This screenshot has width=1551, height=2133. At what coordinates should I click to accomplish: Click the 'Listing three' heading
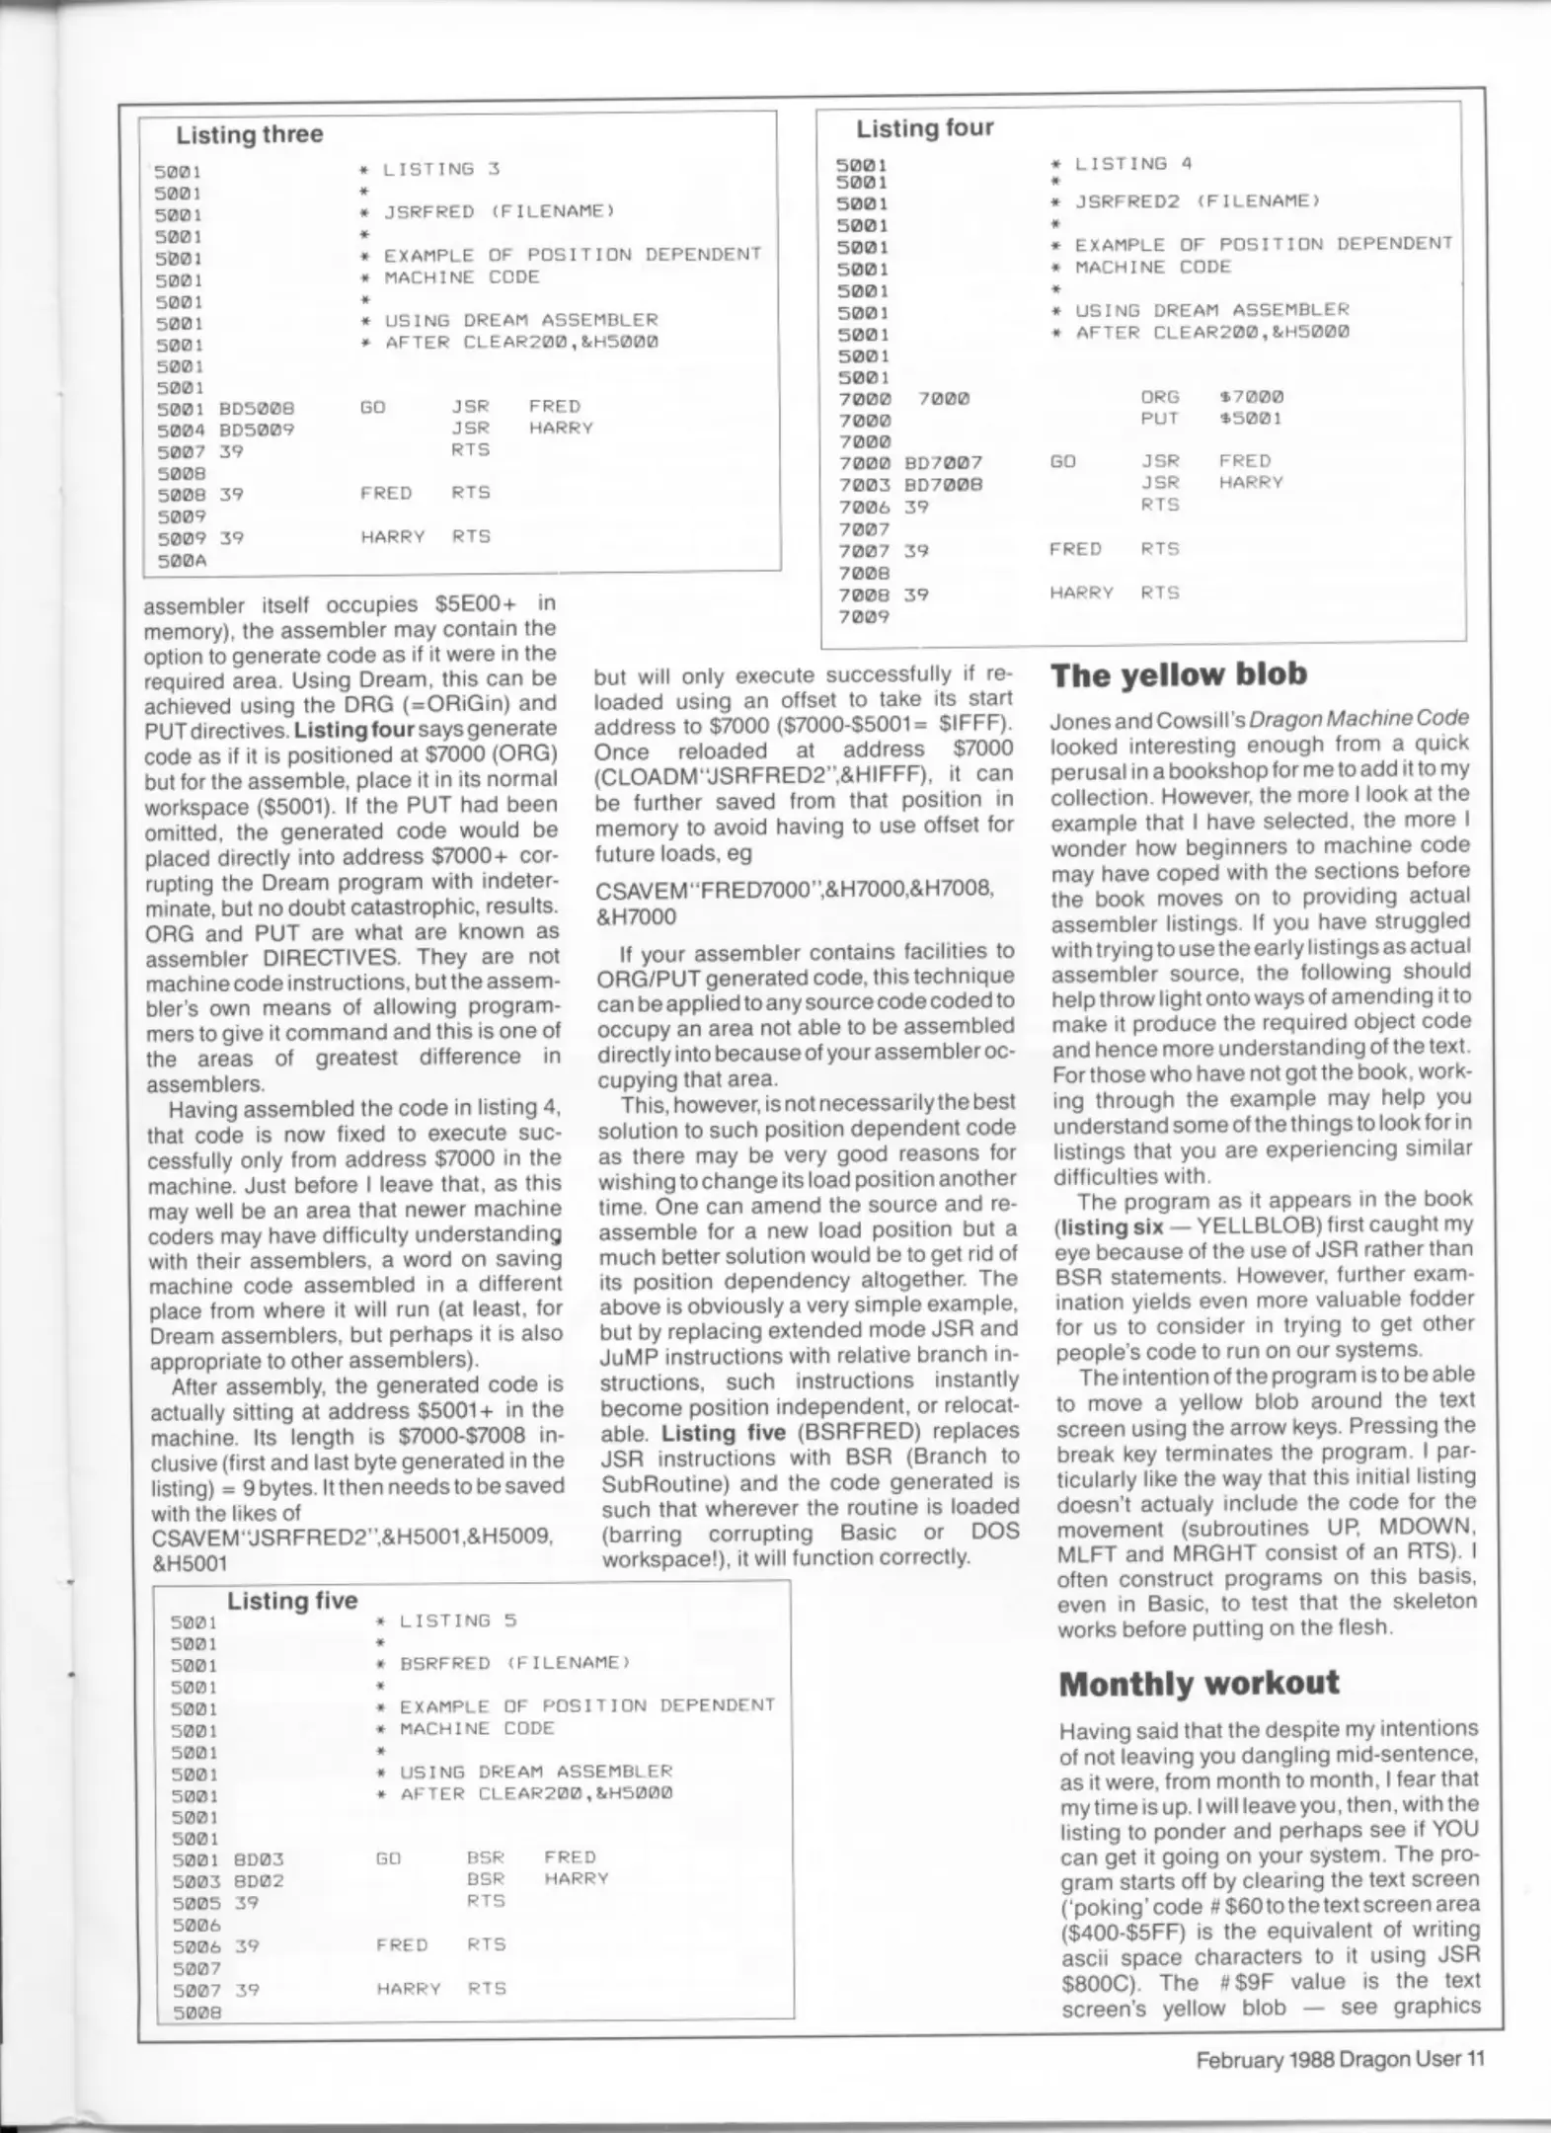tap(249, 134)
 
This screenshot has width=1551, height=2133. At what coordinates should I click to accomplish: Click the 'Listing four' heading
tap(924, 128)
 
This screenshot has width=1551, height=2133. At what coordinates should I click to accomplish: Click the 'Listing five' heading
tap(292, 1601)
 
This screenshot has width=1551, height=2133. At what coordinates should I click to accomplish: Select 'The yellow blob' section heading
tap(1179, 675)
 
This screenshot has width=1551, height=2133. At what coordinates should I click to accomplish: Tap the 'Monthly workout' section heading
tap(1199, 1684)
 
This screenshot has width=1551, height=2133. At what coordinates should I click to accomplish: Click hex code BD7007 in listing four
tap(943, 462)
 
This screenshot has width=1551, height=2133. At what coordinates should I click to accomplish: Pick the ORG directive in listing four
tap(1160, 397)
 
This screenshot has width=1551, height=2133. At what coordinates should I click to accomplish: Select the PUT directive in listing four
tap(1160, 419)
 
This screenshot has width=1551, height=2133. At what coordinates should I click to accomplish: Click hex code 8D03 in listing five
tap(259, 1858)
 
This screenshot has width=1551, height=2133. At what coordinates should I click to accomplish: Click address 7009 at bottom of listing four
tap(864, 617)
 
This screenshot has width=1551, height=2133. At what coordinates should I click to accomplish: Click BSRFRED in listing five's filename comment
tap(445, 1663)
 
